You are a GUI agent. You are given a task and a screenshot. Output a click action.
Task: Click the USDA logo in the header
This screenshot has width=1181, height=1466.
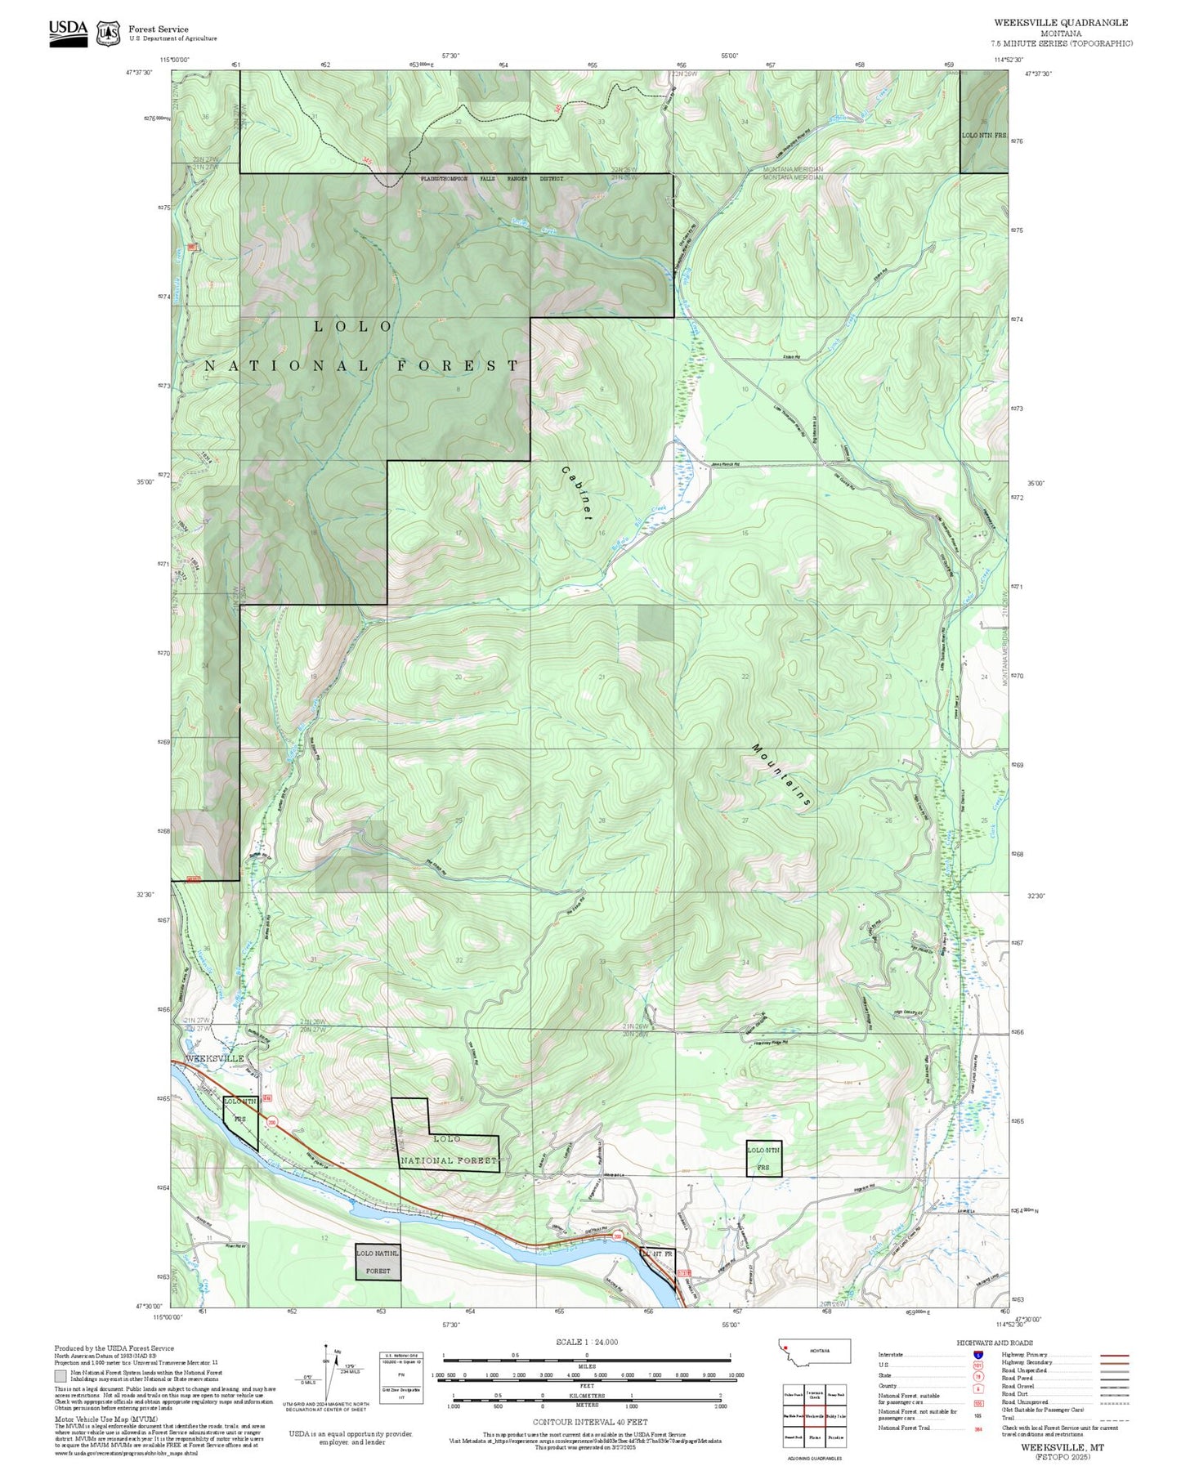click(68, 32)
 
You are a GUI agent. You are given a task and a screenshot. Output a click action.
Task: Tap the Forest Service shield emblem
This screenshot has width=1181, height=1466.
click(108, 34)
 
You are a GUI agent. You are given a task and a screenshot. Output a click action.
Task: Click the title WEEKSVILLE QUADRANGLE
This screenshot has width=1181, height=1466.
click(1060, 23)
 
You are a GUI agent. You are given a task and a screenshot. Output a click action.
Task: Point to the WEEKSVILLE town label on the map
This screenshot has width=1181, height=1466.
click(214, 1058)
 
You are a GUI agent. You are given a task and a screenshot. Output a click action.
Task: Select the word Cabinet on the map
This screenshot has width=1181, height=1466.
click(576, 493)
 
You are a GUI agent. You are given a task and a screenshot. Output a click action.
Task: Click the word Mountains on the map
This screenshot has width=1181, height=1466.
click(781, 775)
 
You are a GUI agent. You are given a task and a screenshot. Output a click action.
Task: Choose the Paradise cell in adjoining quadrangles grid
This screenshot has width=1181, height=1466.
click(835, 1437)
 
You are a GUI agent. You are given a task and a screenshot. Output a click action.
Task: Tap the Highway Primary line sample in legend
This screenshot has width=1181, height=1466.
click(1114, 1355)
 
